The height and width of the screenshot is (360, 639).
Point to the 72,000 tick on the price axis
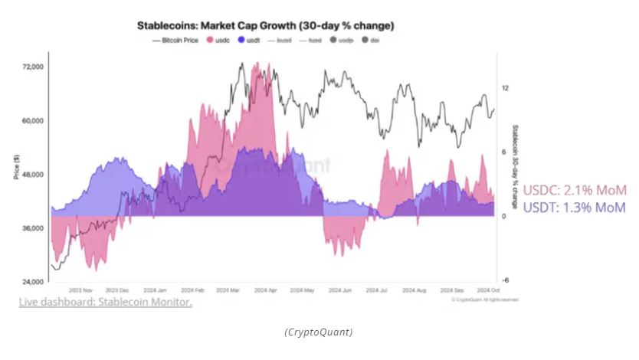tap(33, 67)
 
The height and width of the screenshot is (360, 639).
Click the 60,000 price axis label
tap(33, 121)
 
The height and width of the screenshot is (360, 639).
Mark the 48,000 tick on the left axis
tap(33, 175)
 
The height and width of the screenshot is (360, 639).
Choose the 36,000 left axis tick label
tap(33, 229)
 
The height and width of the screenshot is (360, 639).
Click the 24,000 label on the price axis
tap(33, 283)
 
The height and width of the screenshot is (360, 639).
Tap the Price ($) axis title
tap(16, 167)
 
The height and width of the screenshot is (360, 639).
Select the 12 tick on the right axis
tap(505, 88)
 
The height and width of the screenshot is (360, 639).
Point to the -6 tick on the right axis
tap(505, 280)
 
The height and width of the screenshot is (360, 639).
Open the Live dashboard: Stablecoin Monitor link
tap(105, 302)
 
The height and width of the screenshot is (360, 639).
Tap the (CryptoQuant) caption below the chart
tap(319, 332)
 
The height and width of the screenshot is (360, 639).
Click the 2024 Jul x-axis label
tap(378, 291)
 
